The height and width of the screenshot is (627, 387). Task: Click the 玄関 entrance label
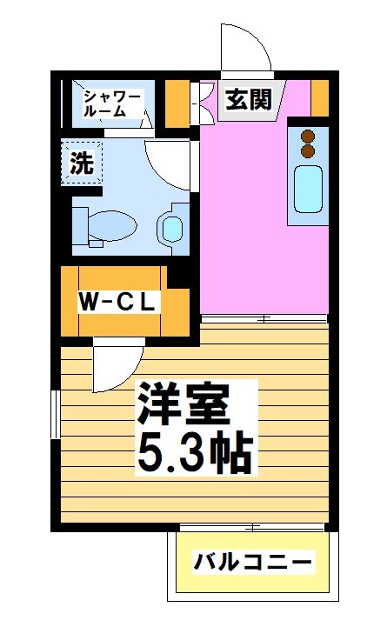[x=248, y=100]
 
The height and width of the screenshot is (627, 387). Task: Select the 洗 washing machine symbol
[x=81, y=163]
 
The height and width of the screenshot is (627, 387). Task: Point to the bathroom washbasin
[x=171, y=229]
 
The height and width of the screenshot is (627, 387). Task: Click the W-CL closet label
[x=117, y=303]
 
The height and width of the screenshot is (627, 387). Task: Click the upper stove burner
[x=306, y=136]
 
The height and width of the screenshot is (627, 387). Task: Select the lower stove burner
[x=306, y=150]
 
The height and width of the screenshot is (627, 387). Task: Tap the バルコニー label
[x=252, y=562]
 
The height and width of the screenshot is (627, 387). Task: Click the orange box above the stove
[x=319, y=97]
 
